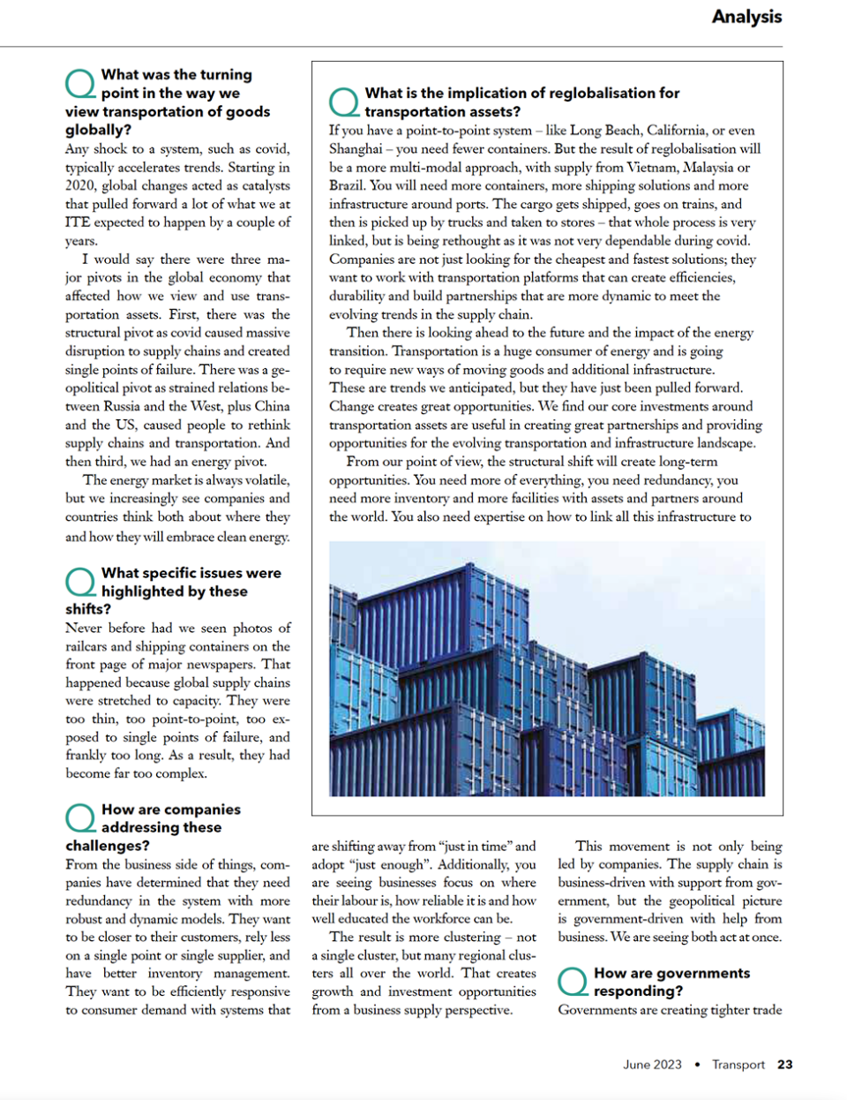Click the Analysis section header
pyautogui.click(x=746, y=17)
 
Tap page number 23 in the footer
pyautogui.click(x=784, y=1065)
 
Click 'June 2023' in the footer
pyautogui.click(x=652, y=1065)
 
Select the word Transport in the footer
pyautogui.click(x=738, y=1065)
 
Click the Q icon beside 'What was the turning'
pyautogui.click(x=80, y=84)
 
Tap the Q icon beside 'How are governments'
pyautogui.click(x=573, y=981)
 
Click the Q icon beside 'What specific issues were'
pyautogui.click(x=80, y=582)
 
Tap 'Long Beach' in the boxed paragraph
pyautogui.click(x=607, y=131)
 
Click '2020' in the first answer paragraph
pyautogui.click(x=80, y=186)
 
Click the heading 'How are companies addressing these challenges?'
pyautogui.click(x=152, y=827)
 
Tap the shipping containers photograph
pyautogui.click(x=547, y=668)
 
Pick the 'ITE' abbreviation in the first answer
pyautogui.click(x=77, y=222)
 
